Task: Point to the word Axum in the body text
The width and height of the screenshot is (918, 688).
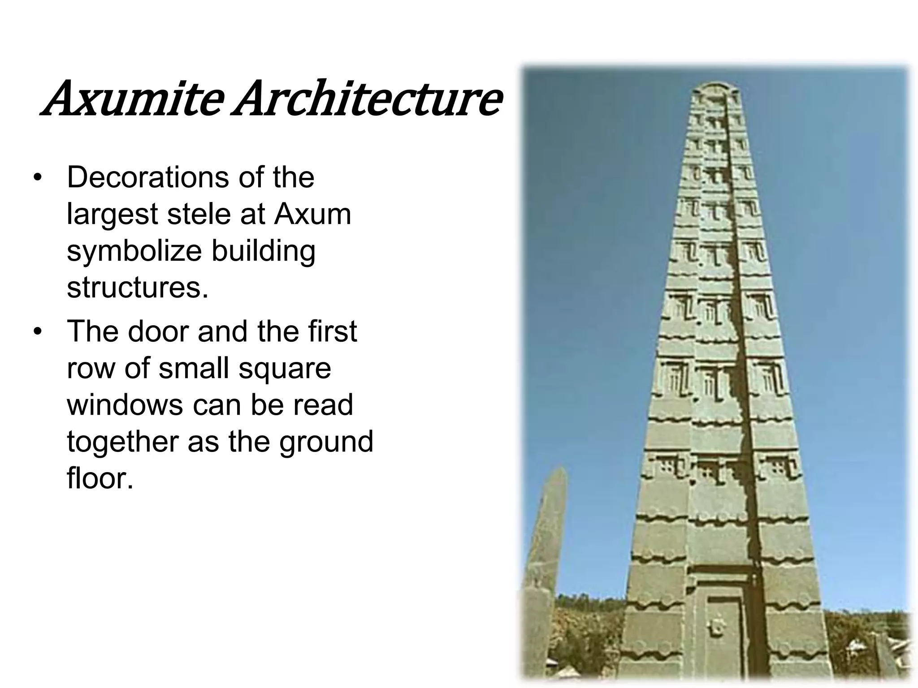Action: point(312,214)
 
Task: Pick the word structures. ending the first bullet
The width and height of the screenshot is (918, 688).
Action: point(138,288)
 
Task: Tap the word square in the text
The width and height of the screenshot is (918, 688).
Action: point(285,368)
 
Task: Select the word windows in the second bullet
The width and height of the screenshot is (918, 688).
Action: point(124,405)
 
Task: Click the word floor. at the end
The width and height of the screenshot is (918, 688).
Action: point(100,478)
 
